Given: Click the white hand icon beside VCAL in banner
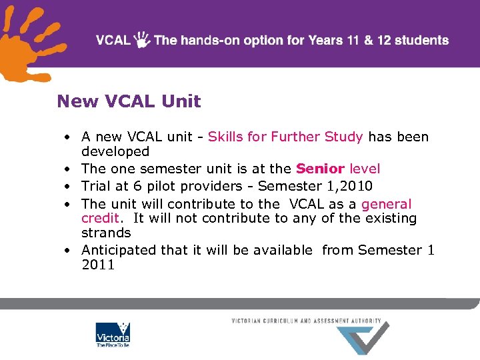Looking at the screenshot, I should (142, 40).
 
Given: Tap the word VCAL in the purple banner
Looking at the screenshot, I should (113, 40).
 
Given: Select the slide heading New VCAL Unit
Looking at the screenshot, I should (129, 101).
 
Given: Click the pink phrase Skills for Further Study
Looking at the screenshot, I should (285, 137).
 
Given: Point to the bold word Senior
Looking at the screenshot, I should (320, 169).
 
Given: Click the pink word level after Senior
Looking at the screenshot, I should (365, 169).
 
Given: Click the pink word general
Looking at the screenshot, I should (387, 204).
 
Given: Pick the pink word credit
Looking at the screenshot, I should (100, 219).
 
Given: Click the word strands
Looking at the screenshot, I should (106, 233).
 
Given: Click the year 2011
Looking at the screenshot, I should (98, 265).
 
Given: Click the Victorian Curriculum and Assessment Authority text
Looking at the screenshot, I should (306, 321).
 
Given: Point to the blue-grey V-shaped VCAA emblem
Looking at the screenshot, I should (363, 339).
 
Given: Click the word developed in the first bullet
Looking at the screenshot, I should (115, 152).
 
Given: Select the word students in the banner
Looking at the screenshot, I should (421, 40).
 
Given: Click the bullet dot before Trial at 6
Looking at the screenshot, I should (68, 187).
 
